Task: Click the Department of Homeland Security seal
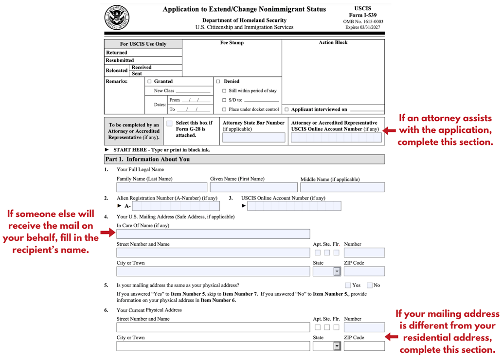pos(117,18)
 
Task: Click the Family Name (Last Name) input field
pos(161,187)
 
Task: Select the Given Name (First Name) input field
pos(253,187)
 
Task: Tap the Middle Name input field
pos(342,187)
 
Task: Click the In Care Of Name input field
pos(213,234)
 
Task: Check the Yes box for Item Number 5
pos(348,285)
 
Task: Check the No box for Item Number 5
pos(370,285)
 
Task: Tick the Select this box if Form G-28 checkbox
pos(169,124)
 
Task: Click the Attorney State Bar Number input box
pos(253,138)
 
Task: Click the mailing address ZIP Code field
pos(364,271)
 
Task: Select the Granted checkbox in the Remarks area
pos(150,82)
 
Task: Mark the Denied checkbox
pos(218,82)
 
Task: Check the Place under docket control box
pos(224,109)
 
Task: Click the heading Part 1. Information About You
pos(148,159)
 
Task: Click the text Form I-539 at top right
pos(362,15)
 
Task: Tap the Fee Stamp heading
pos(232,43)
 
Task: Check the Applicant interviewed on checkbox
pos(287,109)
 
